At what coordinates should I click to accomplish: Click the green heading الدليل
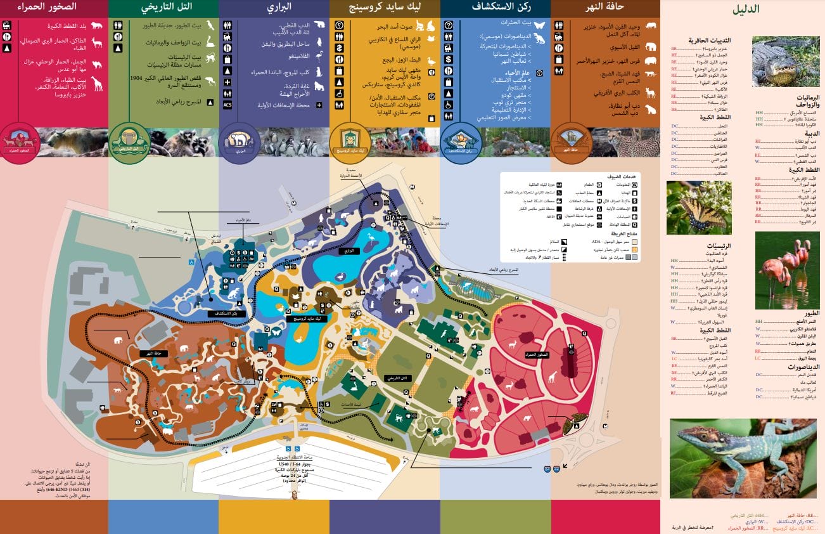(746, 10)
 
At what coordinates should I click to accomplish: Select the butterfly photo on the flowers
(698, 207)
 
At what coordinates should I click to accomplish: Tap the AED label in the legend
(551, 217)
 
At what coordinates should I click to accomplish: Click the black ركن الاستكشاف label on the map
(225, 313)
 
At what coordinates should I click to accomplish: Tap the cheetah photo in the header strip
(634, 142)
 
